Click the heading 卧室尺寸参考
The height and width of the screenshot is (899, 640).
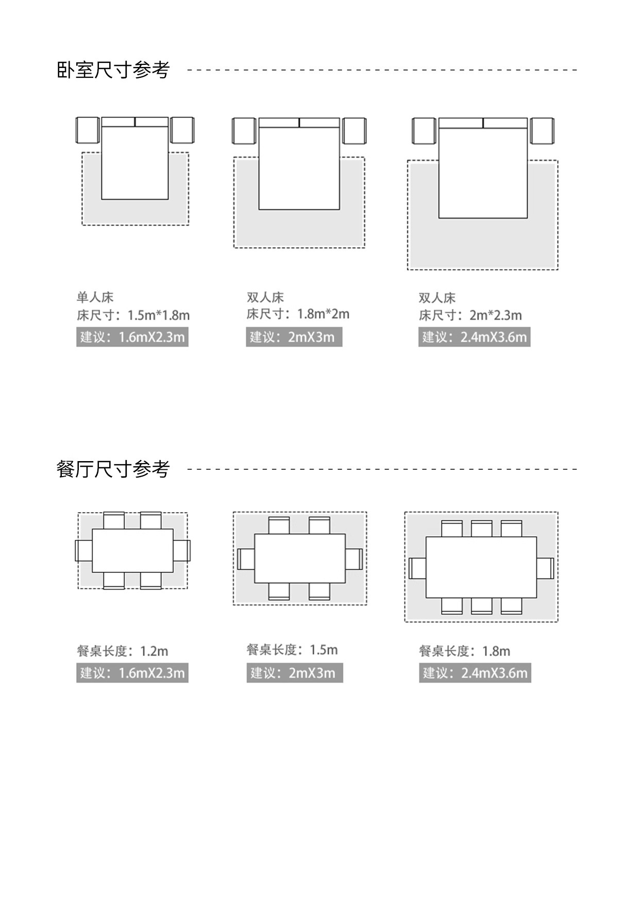point(113,70)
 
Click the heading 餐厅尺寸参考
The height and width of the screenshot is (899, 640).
point(113,469)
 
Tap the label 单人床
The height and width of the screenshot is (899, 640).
point(95,297)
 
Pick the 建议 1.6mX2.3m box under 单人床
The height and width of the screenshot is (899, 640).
point(132,337)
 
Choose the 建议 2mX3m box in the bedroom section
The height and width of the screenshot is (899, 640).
point(294,337)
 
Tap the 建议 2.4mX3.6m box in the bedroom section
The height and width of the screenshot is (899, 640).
point(474,337)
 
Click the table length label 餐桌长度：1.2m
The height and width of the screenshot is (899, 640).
point(123,651)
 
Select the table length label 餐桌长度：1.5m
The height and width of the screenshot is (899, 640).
point(292,650)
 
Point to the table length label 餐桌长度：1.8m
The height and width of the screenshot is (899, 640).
point(464,651)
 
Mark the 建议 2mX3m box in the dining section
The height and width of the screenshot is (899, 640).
point(294,673)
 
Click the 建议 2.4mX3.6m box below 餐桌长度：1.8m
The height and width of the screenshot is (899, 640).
point(475,673)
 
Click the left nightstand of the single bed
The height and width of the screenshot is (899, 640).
point(88,130)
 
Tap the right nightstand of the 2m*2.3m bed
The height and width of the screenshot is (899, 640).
point(542,131)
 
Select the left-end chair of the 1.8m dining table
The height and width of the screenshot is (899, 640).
point(417,568)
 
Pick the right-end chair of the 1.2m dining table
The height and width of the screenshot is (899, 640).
point(181,550)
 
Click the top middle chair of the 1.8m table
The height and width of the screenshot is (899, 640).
point(481,529)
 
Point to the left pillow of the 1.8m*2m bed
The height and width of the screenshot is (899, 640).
point(279,123)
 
